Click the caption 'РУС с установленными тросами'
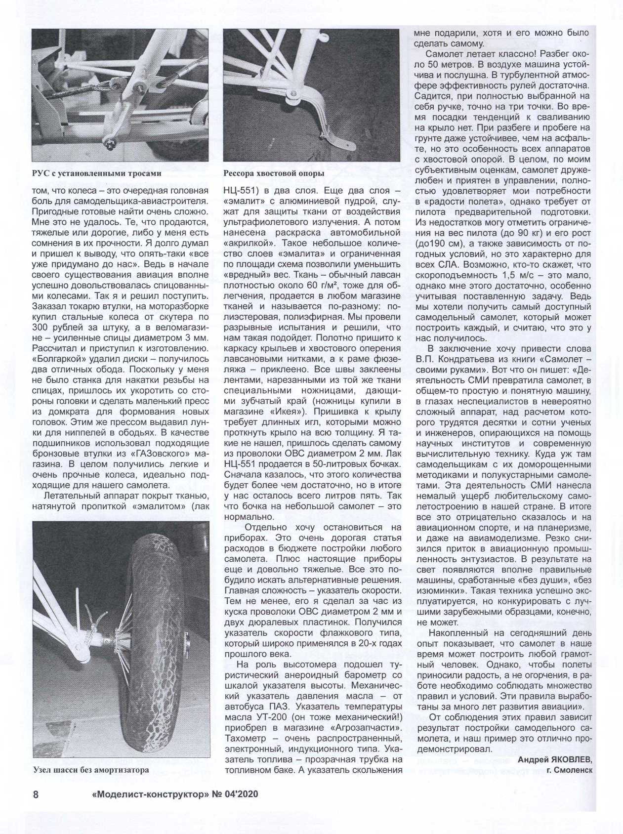click(x=96, y=173)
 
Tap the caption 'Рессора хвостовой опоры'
click(x=274, y=173)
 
